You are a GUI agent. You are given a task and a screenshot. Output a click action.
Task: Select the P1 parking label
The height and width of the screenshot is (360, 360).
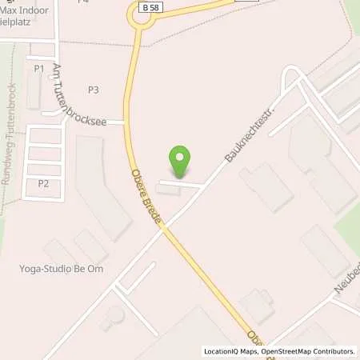(x=39, y=69)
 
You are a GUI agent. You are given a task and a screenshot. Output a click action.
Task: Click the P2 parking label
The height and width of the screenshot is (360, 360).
(x=43, y=184)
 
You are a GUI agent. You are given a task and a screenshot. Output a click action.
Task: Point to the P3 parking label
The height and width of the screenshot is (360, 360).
(x=94, y=90)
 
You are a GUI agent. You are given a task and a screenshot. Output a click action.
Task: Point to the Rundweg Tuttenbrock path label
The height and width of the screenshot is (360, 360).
(x=10, y=144)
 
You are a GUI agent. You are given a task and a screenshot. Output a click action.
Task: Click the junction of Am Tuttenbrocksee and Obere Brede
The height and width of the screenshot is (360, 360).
(x=126, y=122)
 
